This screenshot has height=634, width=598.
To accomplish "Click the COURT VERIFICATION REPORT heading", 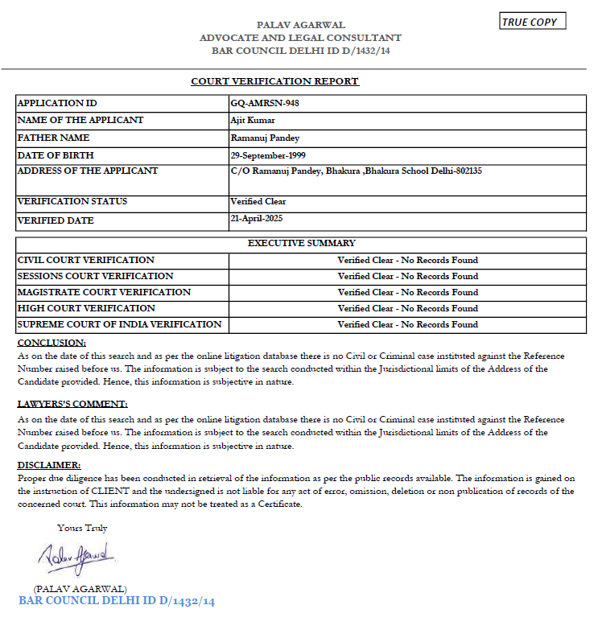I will (x=274, y=81).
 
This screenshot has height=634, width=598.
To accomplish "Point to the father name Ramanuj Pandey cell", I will (x=265, y=138).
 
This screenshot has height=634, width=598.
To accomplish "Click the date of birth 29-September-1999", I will (x=268, y=154).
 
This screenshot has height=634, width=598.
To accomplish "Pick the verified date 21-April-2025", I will (x=256, y=218).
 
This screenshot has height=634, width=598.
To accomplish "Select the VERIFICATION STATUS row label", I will (x=72, y=201).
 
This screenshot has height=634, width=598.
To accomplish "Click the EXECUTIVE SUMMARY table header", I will (x=301, y=243).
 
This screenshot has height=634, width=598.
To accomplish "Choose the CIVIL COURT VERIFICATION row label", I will (x=86, y=260).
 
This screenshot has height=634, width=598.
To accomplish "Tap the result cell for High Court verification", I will (x=407, y=308).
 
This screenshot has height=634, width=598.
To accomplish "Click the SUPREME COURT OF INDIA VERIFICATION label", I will (x=119, y=324).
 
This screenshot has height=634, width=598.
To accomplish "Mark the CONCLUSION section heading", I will (x=52, y=343).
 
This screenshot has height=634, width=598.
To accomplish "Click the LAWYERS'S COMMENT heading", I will (x=72, y=404).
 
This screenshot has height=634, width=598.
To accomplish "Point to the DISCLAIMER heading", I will (x=49, y=465).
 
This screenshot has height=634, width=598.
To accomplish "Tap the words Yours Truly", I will (x=82, y=528).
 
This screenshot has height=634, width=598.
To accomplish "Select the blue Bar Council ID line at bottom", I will (x=117, y=601).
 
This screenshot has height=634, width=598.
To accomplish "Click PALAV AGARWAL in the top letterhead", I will (x=300, y=26).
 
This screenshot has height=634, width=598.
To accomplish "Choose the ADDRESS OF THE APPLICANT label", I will (x=88, y=171).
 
